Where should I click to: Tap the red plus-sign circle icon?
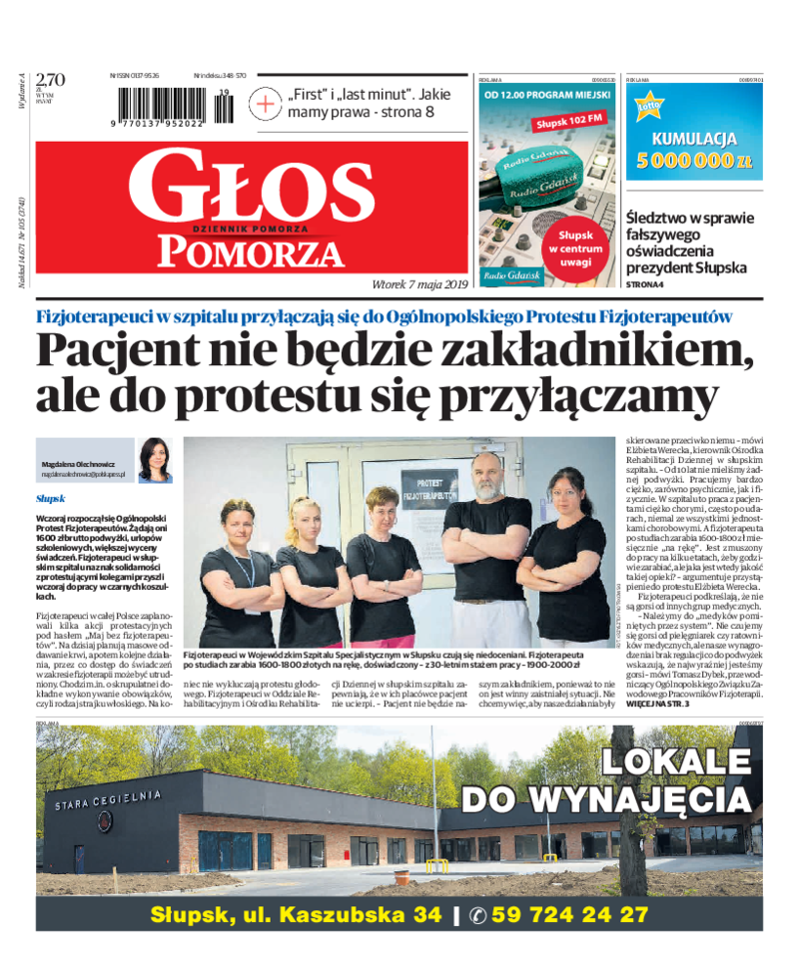click(x=267, y=103)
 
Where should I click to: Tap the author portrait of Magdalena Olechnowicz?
click(x=156, y=459)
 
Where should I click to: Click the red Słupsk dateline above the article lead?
click(x=50, y=497)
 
